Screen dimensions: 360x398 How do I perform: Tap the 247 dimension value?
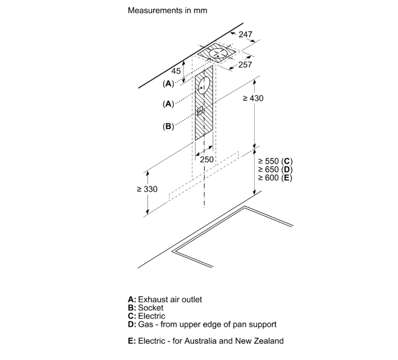point(245,35)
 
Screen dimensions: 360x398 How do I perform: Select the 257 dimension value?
point(245,65)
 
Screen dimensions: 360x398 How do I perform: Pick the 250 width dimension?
point(207,160)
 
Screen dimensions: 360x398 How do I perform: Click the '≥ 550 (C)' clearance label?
point(275,161)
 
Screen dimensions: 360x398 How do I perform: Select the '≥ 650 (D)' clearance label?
point(275,169)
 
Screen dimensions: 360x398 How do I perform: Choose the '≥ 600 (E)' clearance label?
point(275,177)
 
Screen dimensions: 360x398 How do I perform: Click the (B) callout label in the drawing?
point(168,127)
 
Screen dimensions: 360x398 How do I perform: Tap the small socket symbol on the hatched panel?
point(200,111)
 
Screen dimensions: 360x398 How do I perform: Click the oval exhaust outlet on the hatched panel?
point(202,86)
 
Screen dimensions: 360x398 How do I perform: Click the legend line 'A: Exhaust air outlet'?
point(165,299)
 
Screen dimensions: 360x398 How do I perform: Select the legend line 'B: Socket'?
point(145,308)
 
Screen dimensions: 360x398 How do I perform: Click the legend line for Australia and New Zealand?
point(205,341)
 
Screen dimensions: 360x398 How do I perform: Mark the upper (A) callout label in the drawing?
point(168,84)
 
